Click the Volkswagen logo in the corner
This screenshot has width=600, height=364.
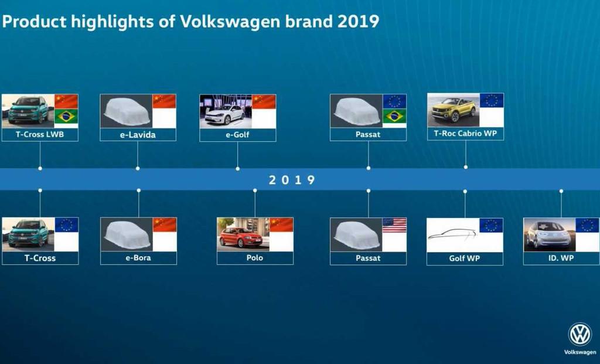point(580,334)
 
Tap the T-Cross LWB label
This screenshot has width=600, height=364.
point(40,134)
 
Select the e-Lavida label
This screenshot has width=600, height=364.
point(138,135)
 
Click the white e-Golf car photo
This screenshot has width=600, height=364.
point(224,114)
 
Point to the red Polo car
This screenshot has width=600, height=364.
point(241,237)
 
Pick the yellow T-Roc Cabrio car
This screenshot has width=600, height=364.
point(454,109)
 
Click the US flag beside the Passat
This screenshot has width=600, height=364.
point(394,225)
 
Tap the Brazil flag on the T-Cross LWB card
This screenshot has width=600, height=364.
point(66,117)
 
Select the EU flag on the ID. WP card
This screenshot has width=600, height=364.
point(587,226)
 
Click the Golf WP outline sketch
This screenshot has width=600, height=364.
point(452,234)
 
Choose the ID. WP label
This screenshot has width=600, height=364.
point(561,258)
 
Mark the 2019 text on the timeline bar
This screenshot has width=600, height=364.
point(292,180)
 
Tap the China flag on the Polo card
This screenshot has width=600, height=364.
point(282,225)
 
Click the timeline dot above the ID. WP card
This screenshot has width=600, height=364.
point(561,190)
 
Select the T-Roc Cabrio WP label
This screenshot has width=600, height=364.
point(465,134)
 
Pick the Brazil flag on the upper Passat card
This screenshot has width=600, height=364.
point(394,116)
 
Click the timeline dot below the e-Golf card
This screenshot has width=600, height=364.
point(238,168)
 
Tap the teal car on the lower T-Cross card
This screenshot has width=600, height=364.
point(28,233)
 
